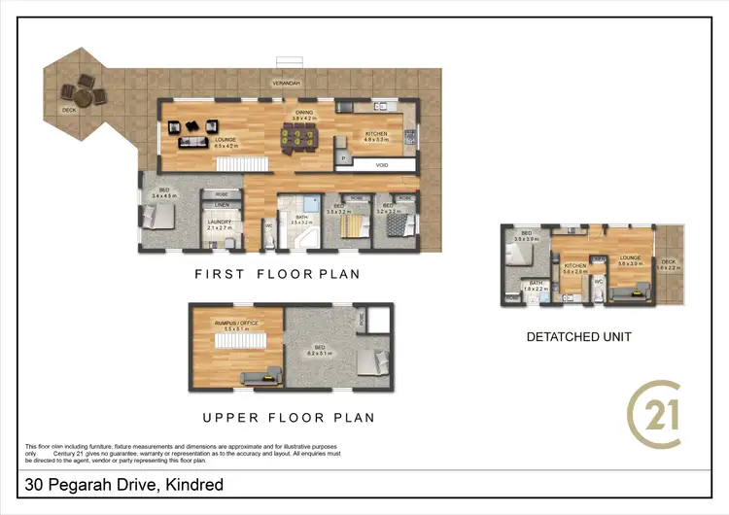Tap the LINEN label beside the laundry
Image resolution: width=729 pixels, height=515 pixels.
[222, 206]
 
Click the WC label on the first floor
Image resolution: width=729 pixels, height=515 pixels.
[267, 225]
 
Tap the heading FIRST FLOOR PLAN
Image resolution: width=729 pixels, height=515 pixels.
[277, 274]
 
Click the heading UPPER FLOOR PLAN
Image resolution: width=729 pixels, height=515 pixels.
[288, 418]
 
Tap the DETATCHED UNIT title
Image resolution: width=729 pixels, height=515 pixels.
[579, 337]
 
